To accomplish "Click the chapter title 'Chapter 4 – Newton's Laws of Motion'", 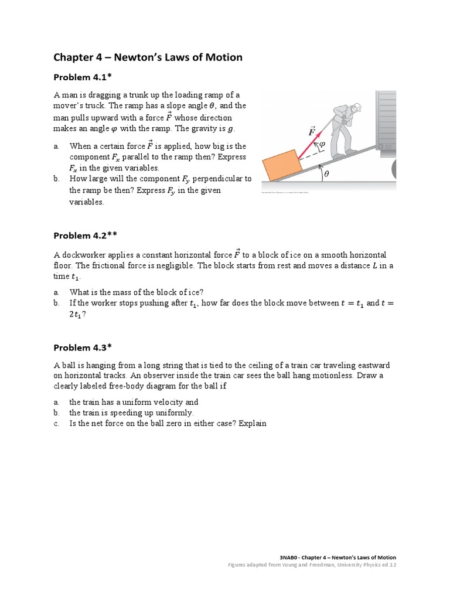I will point(148,57).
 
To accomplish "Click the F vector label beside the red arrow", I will point(312,131).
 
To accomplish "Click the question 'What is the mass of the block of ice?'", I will point(137,292).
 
